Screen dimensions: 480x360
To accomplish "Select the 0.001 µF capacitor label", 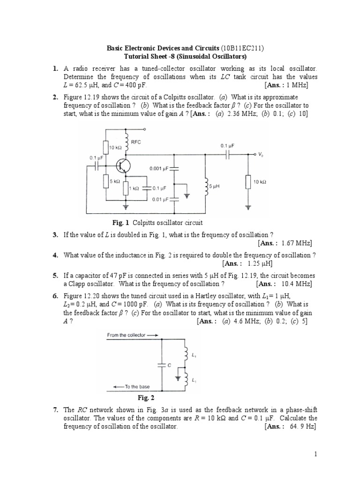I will [x=160, y=168].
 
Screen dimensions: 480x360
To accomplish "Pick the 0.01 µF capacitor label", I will [x=160, y=199].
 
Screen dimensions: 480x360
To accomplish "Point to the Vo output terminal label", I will [x=262, y=154].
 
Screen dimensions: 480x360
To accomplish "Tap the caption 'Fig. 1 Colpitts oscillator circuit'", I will [x=155, y=223].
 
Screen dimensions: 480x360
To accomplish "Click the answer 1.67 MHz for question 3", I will [x=293, y=243].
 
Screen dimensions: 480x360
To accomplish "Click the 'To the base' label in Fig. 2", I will [x=137, y=387].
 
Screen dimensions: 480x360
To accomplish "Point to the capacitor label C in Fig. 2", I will [x=168, y=363].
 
